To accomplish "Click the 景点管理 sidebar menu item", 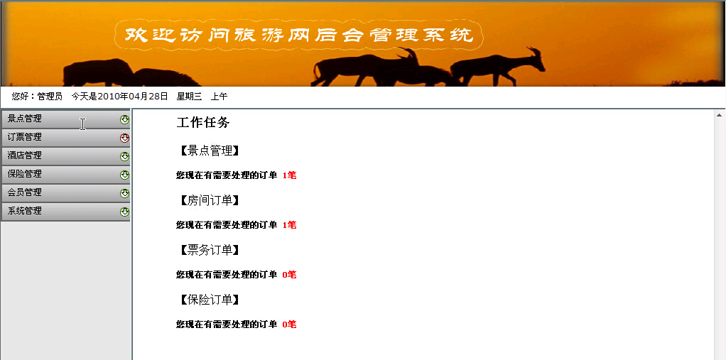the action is [25, 119].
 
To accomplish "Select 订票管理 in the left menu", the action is [25, 137].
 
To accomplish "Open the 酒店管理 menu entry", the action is [25, 156].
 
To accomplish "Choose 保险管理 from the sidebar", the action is [25, 174].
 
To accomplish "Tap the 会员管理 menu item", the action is [25, 192].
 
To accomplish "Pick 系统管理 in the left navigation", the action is [25, 211].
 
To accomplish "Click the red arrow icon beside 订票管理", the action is [124, 138].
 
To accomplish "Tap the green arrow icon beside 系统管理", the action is [124, 212].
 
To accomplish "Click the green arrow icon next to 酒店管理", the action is [124, 156].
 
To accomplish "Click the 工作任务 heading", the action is [203, 123].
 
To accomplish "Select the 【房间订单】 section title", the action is [210, 200].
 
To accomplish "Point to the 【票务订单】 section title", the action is [210, 251].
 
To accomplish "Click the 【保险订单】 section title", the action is [210, 300].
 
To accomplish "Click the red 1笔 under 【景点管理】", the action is [289, 175].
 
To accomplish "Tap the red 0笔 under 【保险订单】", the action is [289, 324].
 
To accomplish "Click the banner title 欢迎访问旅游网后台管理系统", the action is [298, 36].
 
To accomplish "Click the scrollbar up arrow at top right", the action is [720, 115].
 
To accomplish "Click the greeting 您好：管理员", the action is [37, 97].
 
